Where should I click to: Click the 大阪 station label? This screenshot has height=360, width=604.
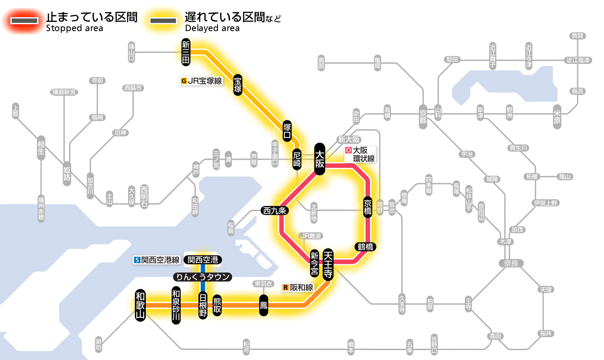coord(320,159)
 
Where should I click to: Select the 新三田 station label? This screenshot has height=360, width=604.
coord(186,53)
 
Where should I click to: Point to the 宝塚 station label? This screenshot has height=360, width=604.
coord(238,85)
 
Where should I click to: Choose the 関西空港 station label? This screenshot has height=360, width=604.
coord(203,259)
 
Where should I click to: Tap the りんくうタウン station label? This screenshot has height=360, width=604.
coord(202,277)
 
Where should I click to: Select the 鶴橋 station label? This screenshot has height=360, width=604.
coord(365,247)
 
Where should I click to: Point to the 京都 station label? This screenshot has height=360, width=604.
coord(423,115)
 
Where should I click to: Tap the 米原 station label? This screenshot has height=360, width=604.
coord(559,117)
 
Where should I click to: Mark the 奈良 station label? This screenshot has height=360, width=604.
coord(510,263)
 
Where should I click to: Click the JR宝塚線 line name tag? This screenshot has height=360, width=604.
coord(202,80)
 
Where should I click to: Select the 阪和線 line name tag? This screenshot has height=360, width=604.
coord(298,287)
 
